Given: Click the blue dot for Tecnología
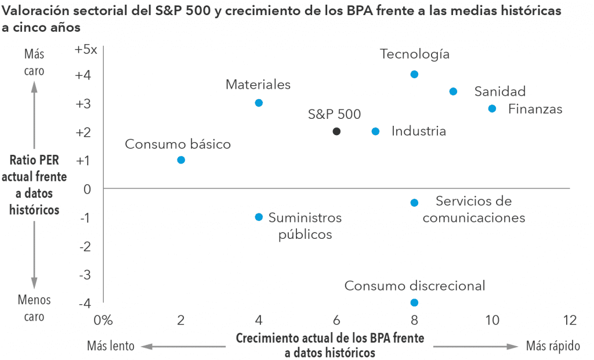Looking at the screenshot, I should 414,74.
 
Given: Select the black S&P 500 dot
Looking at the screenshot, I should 336,132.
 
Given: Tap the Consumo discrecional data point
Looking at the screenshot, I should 414,303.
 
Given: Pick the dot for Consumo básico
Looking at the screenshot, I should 181,160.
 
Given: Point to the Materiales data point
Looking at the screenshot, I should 259,103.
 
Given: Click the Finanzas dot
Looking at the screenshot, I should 492,108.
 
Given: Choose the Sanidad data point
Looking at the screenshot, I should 453,92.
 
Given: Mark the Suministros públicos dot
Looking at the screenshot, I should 259,217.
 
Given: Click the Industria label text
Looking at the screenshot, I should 419,132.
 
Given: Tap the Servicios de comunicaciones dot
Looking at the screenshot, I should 414,203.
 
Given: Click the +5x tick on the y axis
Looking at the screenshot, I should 86,50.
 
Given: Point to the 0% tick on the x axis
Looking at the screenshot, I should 103,320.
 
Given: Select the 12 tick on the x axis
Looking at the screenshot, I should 570,320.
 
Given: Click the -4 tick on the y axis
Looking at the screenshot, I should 86,303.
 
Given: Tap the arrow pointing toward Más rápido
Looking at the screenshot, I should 475,346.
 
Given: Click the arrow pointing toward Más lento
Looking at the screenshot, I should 183,346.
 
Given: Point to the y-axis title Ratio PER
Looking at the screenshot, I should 34,160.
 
